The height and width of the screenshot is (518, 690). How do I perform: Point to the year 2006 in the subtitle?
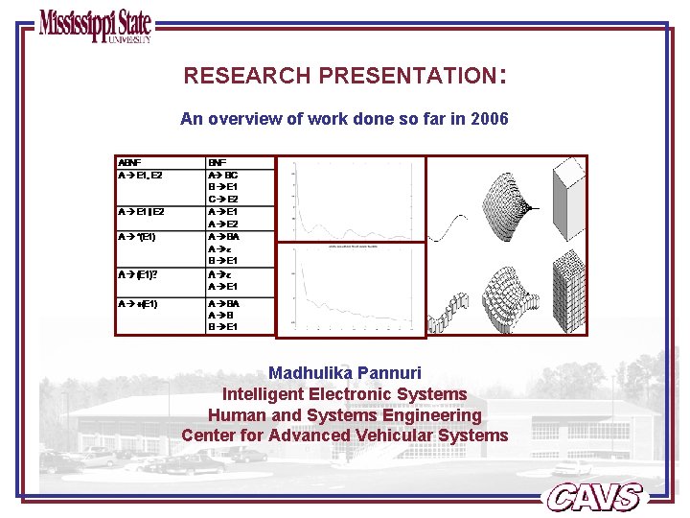[490, 120]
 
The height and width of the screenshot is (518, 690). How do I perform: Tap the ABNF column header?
[128, 163]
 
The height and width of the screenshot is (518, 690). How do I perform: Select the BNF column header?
[218, 163]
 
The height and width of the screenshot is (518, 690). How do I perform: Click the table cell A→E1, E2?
[140, 176]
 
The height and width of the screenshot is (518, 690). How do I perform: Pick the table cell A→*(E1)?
[137, 236]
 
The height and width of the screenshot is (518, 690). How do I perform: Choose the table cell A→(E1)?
[138, 274]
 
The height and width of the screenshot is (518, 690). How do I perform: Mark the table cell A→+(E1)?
[138, 304]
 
